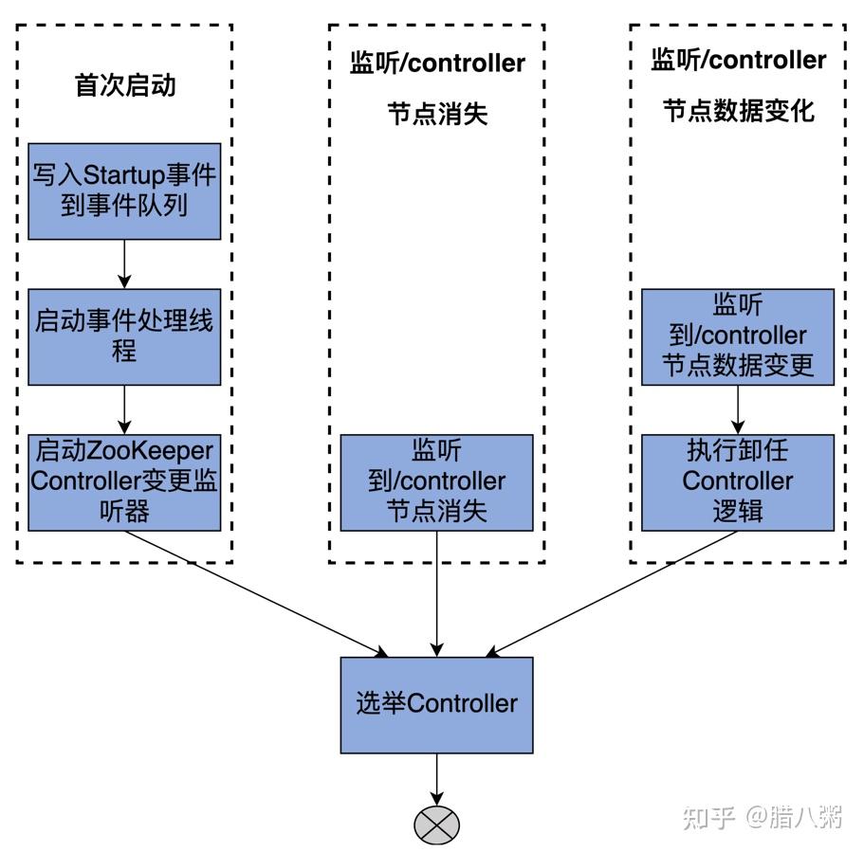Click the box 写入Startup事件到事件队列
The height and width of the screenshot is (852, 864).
click(124, 190)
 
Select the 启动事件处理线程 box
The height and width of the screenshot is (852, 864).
click(124, 336)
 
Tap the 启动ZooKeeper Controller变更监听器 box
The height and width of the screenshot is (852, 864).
click(124, 481)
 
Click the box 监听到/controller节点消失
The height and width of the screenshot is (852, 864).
click(437, 481)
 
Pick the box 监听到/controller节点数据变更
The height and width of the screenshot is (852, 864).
click(738, 336)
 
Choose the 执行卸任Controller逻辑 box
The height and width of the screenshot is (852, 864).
click(738, 481)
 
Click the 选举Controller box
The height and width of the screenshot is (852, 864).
click(437, 704)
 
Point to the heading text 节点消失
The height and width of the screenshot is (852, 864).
click(437, 115)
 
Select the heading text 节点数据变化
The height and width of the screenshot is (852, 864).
click(738, 111)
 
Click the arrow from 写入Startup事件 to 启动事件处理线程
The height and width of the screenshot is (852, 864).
click(124, 263)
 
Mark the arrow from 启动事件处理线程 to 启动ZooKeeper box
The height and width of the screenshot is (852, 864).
click(124, 409)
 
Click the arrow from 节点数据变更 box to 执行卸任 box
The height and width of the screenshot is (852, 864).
click(738, 409)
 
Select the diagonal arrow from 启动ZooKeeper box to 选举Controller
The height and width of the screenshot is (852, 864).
click(256, 592)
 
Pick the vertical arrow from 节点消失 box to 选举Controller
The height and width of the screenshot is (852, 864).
click(437, 593)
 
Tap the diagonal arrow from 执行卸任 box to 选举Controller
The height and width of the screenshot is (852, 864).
click(613, 592)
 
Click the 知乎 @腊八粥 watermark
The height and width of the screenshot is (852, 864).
click(763, 817)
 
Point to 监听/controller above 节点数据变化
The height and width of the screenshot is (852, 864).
click(738, 60)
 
